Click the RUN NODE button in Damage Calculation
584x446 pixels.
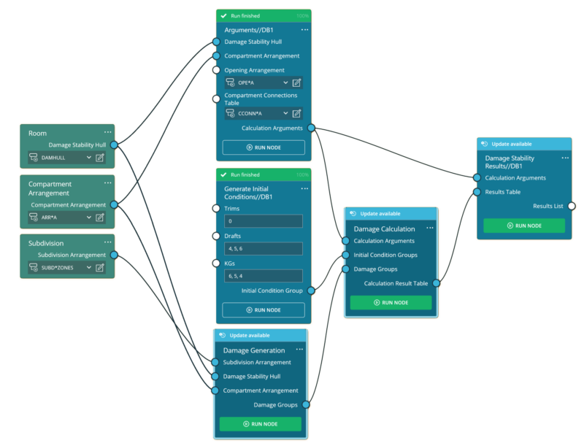point(391,303)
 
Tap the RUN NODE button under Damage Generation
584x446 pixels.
point(261,424)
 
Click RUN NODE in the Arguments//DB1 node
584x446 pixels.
point(264,147)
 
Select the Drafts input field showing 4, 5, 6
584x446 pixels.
point(264,249)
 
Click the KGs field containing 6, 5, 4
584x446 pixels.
point(264,276)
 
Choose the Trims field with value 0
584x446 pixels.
point(264,221)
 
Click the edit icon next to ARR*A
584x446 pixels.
point(100,218)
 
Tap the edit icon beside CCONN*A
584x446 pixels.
point(296,114)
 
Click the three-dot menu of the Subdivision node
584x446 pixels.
point(107,242)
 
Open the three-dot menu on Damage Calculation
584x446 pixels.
point(430,228)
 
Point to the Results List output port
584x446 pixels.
point(572,206)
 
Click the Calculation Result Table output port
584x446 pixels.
point(436,283)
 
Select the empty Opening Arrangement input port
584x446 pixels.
point(216,70)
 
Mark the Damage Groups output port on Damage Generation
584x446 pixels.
point(306,404)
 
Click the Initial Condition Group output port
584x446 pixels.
point(311,291)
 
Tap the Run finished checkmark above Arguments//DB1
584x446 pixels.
point(223,15)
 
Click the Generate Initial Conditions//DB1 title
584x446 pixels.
point(248,193)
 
